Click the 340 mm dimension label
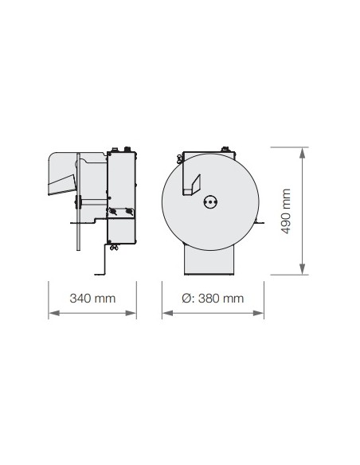click(92, 299)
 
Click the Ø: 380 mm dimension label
click(213, 299)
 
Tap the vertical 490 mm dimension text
click(286, 211)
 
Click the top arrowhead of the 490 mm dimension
click(302, 153)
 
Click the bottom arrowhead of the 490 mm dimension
click(302, 269)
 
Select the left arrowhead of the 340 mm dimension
click(54, 313)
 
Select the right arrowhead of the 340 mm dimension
click(131, 313)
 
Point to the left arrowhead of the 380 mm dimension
click(168, 313)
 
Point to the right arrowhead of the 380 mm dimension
click(258, 313)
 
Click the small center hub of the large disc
click(210, 202)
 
